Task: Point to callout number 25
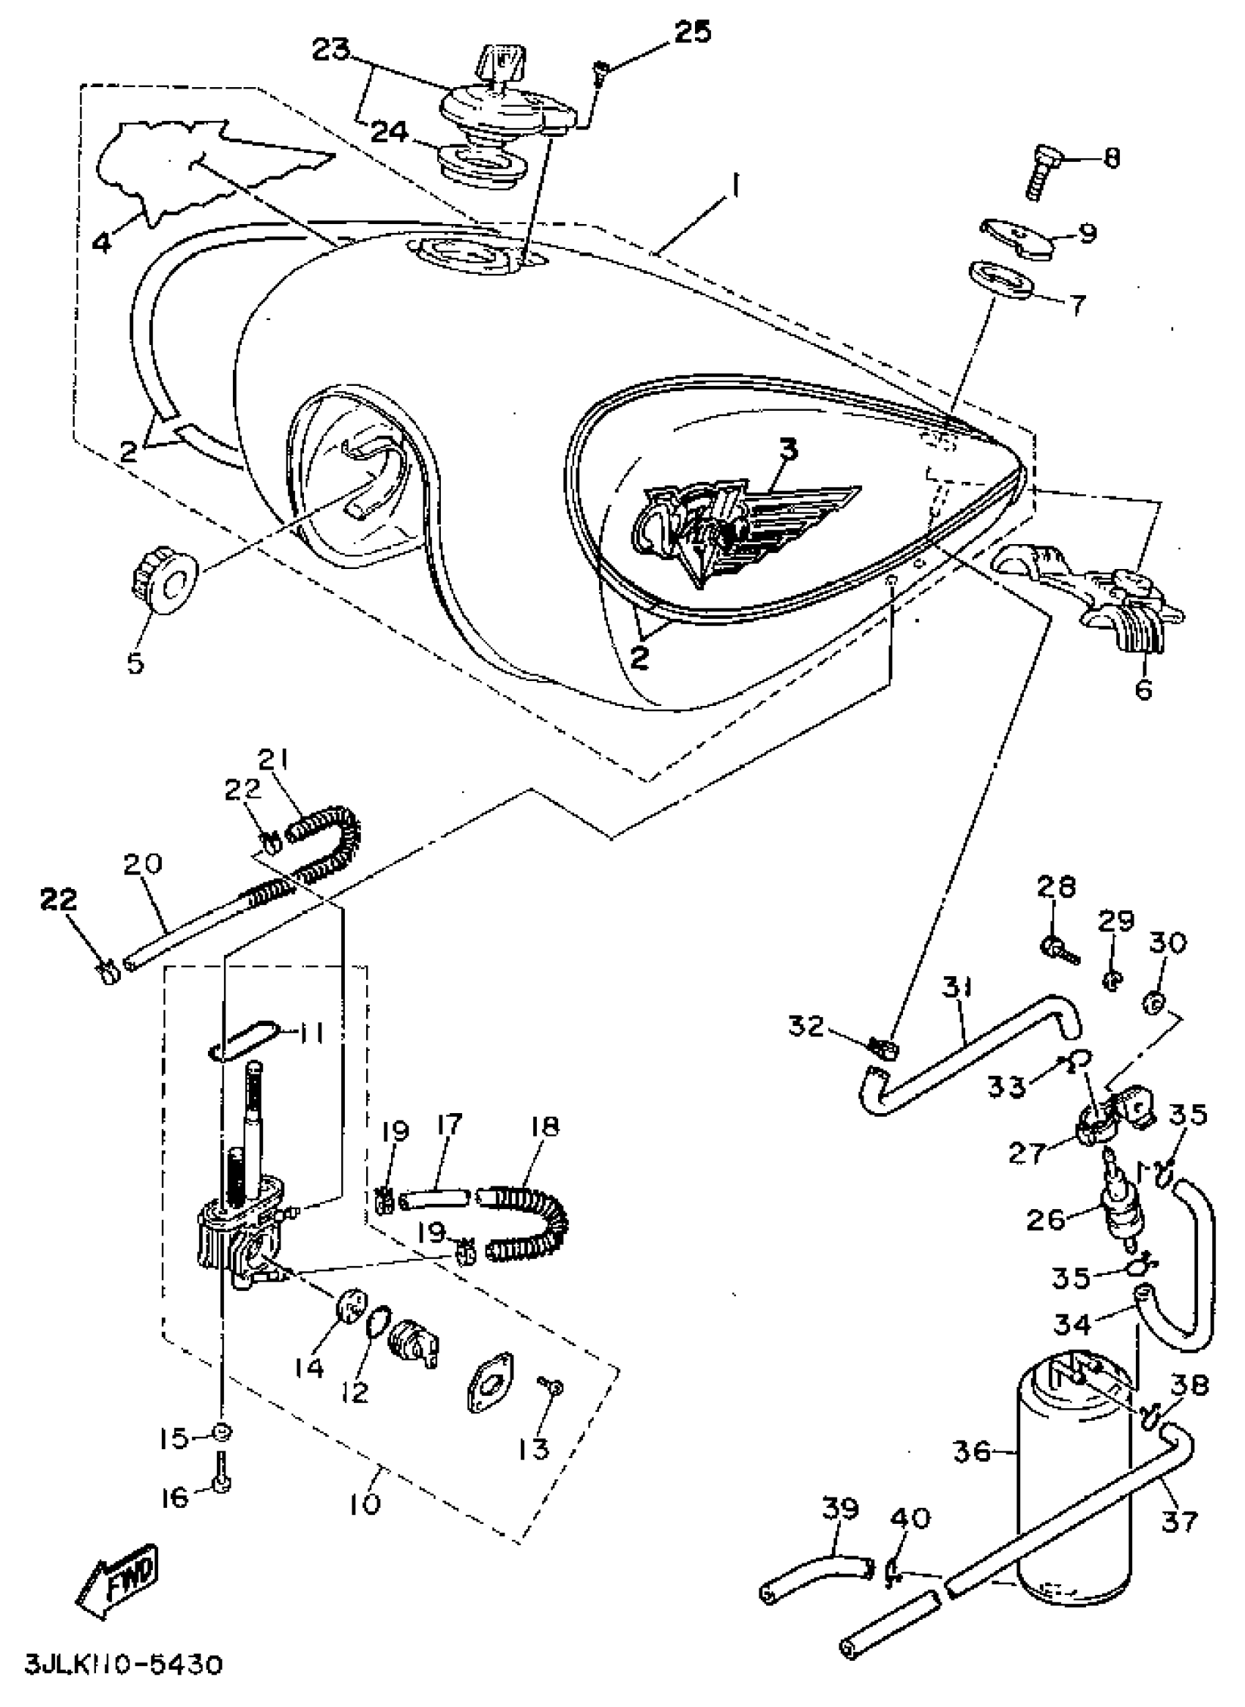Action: click(691, 32)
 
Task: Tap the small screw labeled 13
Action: click(549, 1386)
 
